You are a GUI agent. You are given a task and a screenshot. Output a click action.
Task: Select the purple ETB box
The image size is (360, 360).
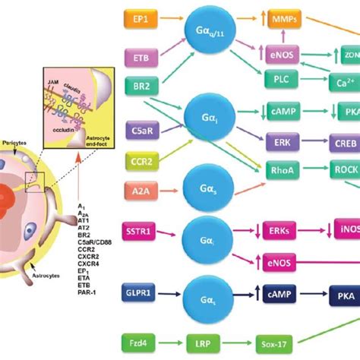(141, 57)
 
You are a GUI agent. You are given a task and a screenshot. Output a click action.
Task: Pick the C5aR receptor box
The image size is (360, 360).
(141, 131)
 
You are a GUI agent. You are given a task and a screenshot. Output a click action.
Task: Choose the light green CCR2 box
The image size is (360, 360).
(141, 161)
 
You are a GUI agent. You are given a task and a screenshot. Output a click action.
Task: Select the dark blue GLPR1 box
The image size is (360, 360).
(141, 292)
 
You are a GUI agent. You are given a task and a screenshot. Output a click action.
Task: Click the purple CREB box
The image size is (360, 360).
(339, 141)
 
